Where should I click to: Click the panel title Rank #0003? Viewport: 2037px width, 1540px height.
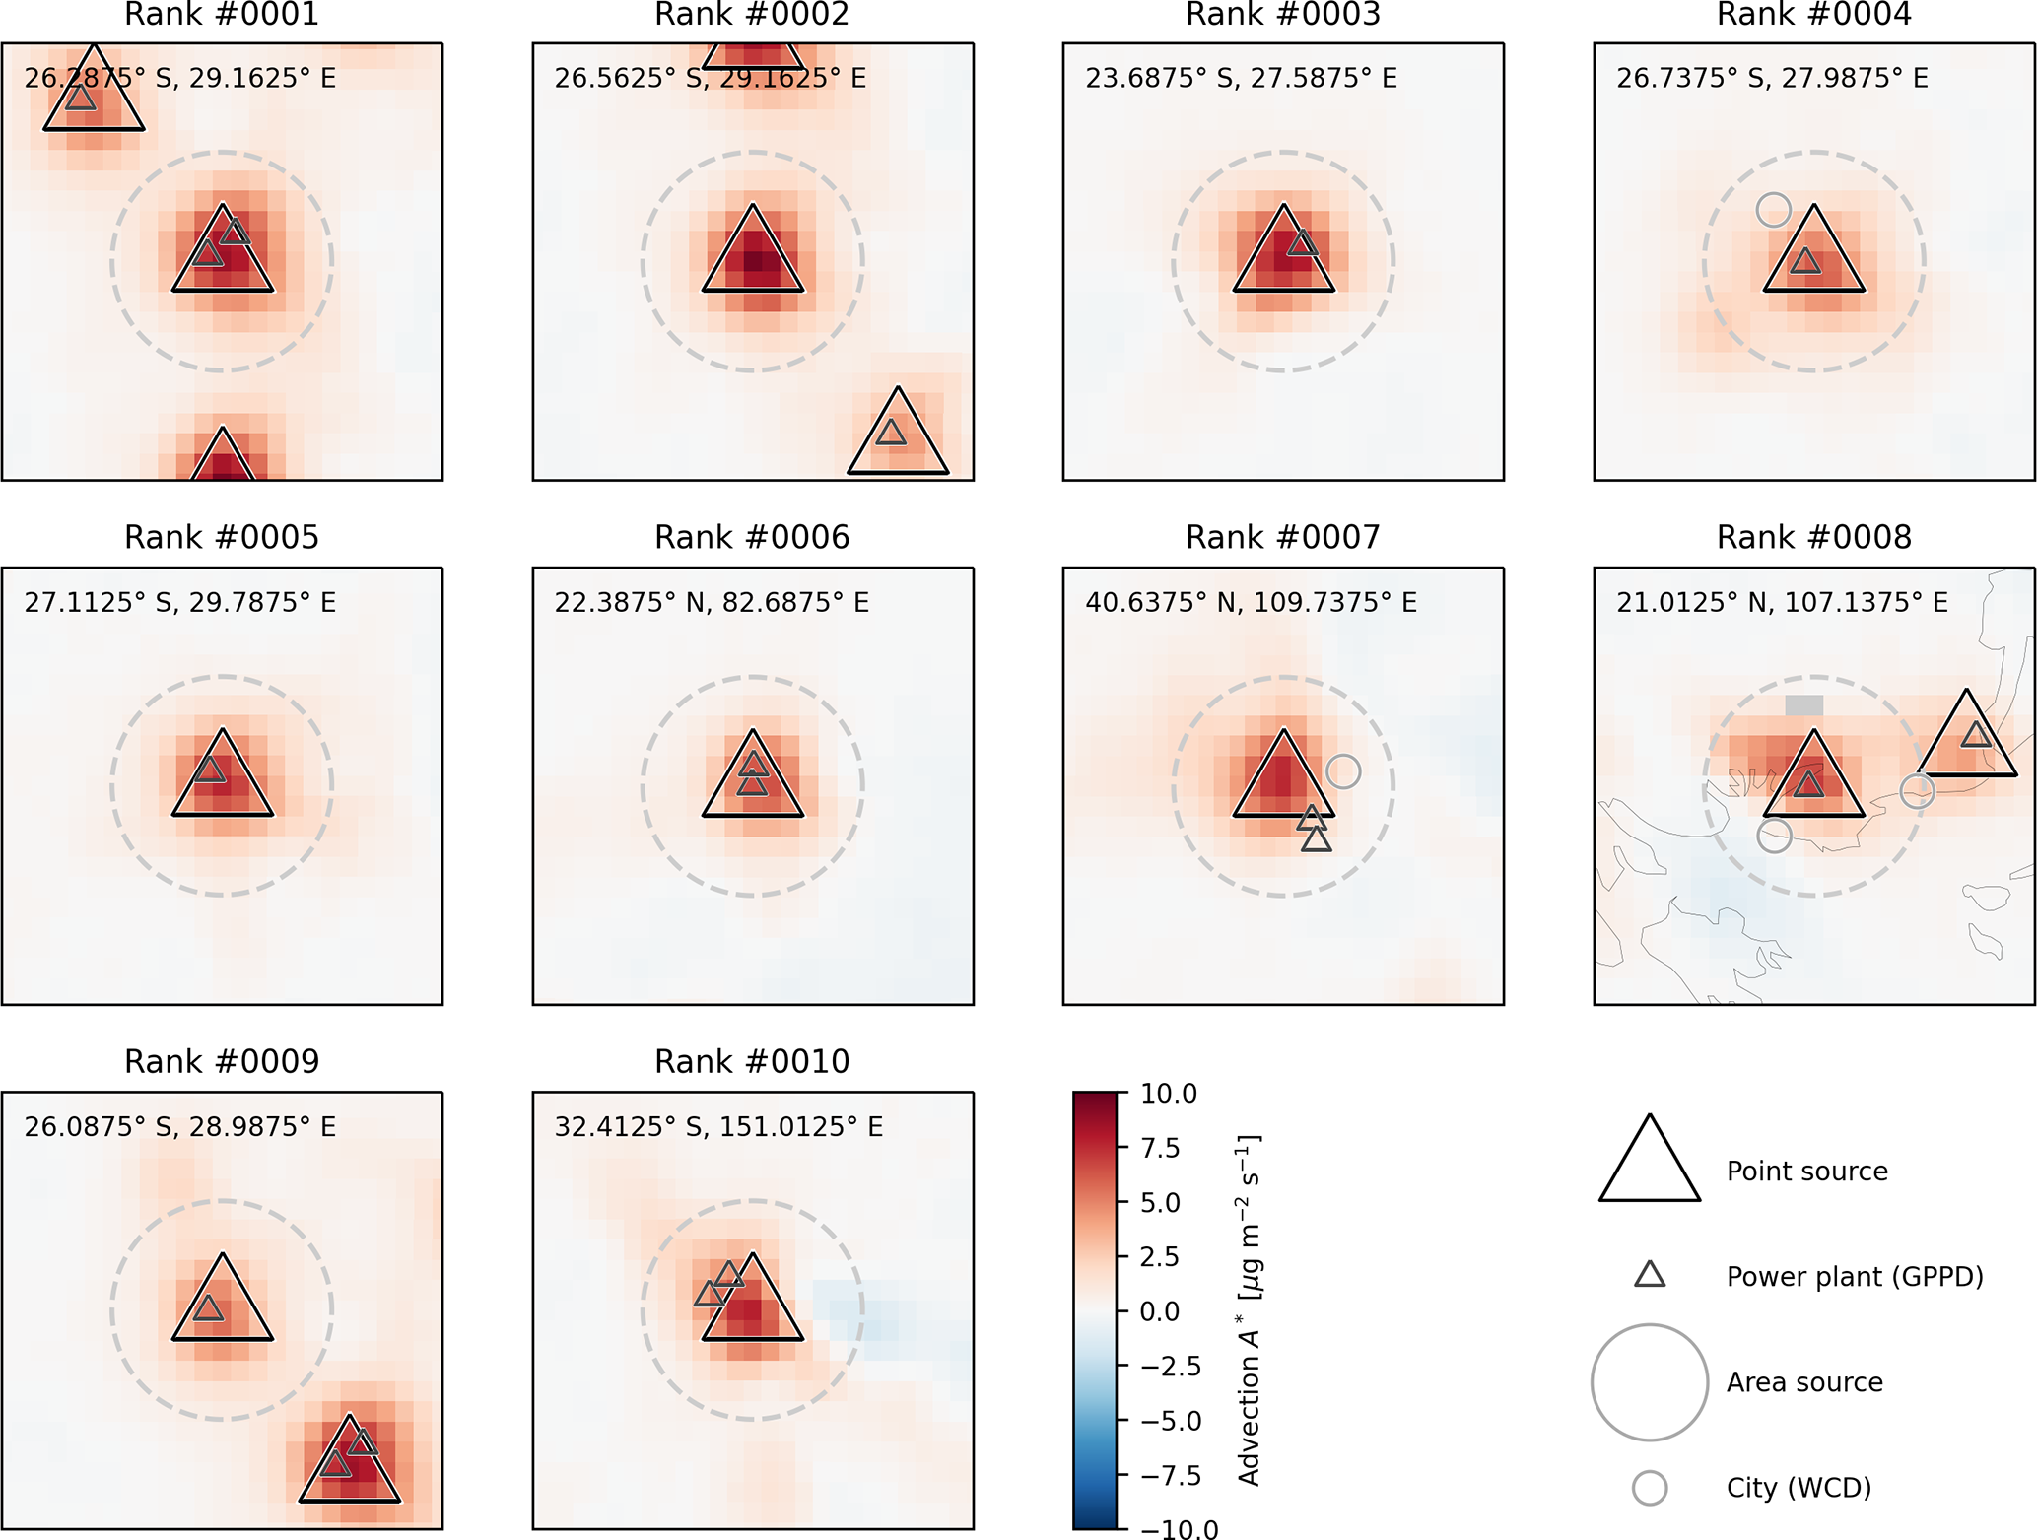(1282, 15)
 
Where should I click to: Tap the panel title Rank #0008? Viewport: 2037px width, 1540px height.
(1813, 537)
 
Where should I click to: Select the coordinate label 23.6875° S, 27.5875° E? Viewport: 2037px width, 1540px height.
(1241, 78)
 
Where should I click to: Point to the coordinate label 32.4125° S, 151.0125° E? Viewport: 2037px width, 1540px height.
(718, 1126)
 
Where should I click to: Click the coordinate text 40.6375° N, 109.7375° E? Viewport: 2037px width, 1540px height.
(1251, 602)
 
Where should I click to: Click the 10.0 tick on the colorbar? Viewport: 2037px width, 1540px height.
(1168, 1094)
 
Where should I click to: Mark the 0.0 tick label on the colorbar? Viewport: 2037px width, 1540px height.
(1160, 1311)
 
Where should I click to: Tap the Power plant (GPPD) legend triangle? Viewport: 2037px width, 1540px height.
(1650, 1275)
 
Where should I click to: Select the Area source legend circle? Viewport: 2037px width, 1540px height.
(1649, 1381)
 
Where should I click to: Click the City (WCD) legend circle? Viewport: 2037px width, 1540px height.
(1650, 1487)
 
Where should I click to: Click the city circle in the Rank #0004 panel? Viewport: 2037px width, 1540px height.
(1773, 209)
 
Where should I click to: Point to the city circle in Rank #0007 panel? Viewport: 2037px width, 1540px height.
(1343, 771)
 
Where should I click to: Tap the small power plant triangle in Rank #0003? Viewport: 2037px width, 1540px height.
(1303, 243)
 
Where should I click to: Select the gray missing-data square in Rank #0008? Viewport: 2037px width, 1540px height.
(1804, 705)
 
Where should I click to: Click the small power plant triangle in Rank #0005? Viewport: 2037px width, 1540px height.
(209, 770)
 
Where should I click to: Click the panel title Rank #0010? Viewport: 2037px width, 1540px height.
(752, 1061)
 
